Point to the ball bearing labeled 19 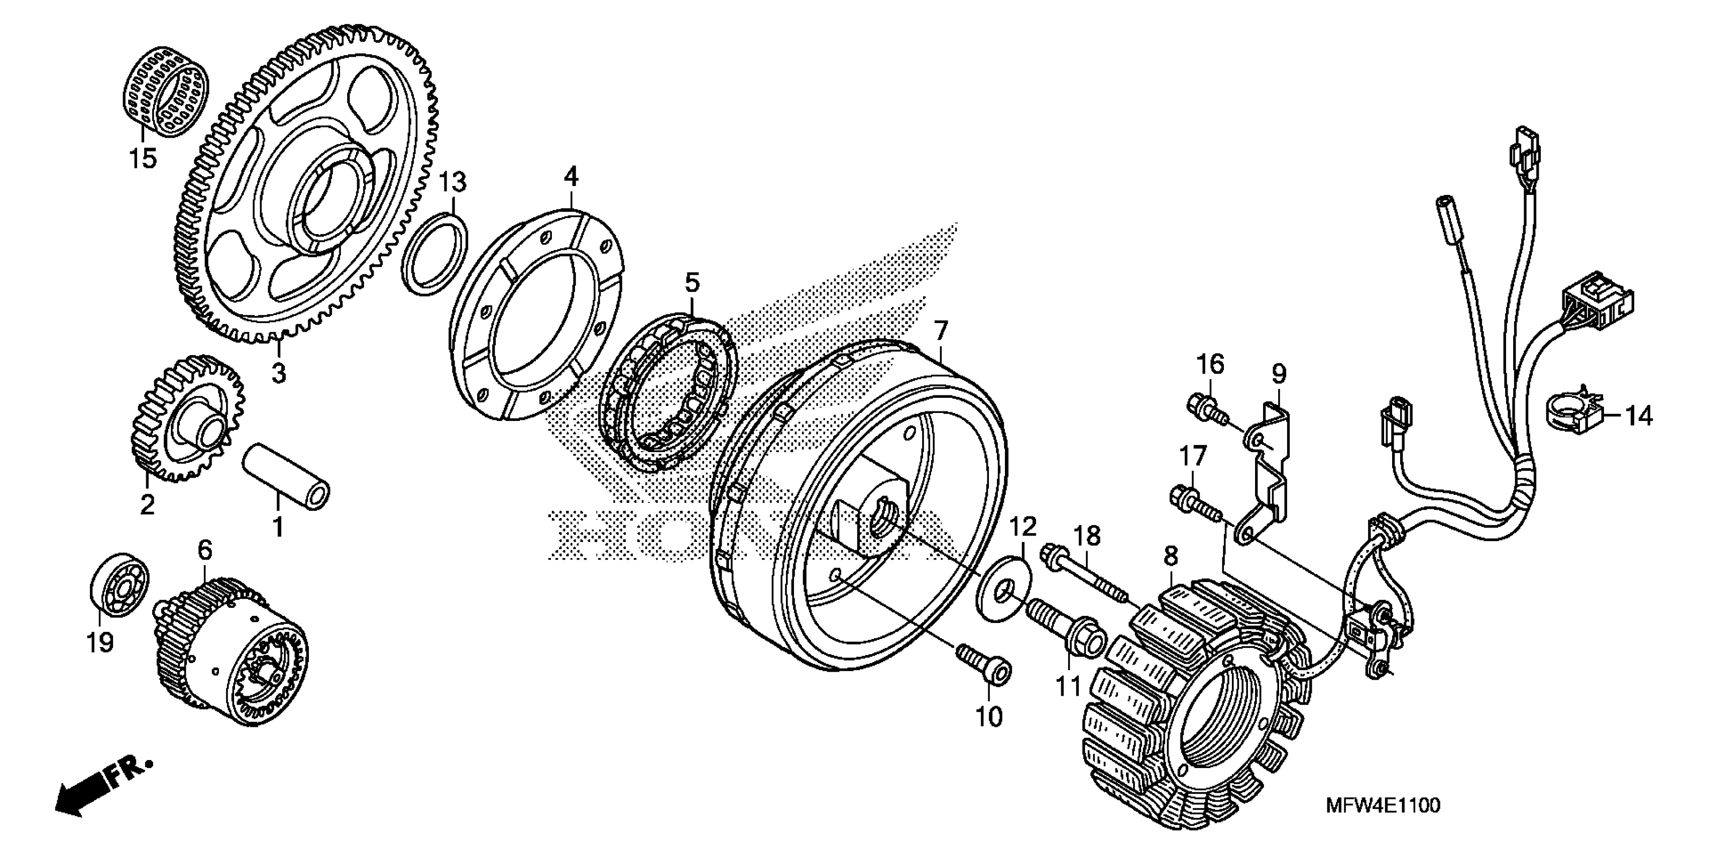119,580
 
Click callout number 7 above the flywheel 941,331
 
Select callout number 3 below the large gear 279,373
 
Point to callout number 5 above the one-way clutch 692,283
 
